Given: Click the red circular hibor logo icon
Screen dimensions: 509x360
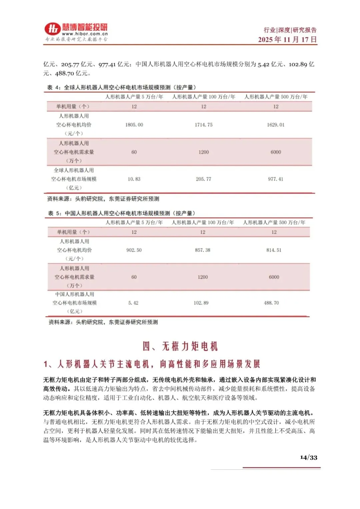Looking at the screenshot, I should pyautogui.click(x=53, y=29).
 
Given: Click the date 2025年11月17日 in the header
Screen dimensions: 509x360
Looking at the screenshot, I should pyautogui.click(x=287, y=39).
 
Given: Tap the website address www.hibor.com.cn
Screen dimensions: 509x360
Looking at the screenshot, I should pyautogui.click(x=85, y=34).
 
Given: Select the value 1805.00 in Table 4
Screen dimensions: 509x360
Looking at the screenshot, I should pyautogui.click(x=134, y=125).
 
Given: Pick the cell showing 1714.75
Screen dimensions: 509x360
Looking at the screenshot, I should pyautogui.click(x=203, y=125).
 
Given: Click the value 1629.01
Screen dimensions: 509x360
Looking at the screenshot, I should pyautogui.click(x=276, y=125).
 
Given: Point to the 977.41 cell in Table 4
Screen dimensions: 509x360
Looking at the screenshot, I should pyautogui.click(x=276, y=179).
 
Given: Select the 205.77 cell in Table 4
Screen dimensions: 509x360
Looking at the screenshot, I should pyautogui.click(x=203, y=179).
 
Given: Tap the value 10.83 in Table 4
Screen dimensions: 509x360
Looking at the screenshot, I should pyautogui.click(x=134, y=179).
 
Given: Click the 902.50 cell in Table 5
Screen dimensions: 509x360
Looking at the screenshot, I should pyautogui.click(x=134, y=250).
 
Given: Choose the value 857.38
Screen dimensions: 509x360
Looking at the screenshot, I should pyautogui.click(x=203, y=250).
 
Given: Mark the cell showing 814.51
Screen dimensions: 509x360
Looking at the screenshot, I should pyautogui.click(x=274, y=250).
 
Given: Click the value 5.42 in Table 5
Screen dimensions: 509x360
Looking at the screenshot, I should pyautogui.click(x=133, y=303).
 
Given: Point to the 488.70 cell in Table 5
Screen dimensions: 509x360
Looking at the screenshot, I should pyautogui.click(x=271, y=303).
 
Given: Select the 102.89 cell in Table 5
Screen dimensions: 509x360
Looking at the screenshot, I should pyautogui.click(x=201, y=303).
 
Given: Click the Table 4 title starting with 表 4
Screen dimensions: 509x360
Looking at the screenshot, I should pyautogui.click(x=121, y=87).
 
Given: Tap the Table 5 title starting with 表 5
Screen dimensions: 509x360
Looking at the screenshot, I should pyautogui.click(x=121, y=213).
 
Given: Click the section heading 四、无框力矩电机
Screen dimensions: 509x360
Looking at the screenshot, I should pyautogui.click(x=180, y=346).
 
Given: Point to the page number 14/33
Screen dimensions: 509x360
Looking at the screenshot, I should pyautogui.click(x=309, y=457).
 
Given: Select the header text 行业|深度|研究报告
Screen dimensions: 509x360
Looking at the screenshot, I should pyautogui.click(x=290, y=30).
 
